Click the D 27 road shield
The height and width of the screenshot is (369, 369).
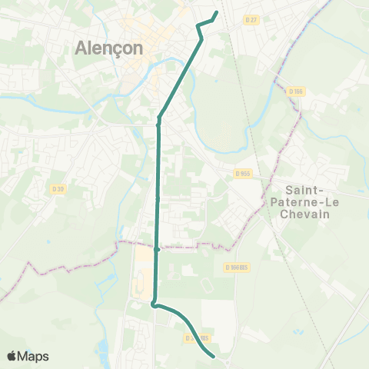[x=251, y=19]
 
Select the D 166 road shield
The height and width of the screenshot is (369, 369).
[x=296, y=91]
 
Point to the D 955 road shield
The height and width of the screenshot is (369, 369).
[x=243, y=174]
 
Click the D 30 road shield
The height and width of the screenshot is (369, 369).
[x=57, y=189]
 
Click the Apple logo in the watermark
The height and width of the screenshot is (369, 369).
[x=12, y=356]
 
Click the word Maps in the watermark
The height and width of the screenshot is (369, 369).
[x=34, y=356]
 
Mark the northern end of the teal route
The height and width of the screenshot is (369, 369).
[x=216, y=12]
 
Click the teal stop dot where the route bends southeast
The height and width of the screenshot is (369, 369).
[x=155, y=305]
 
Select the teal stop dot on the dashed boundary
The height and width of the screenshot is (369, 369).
[x=158, y=249]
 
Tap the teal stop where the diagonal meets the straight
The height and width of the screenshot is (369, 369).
[x=158, y=120]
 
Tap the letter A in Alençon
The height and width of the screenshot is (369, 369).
[x=81, y=48]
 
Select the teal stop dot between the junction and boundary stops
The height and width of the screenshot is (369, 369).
[x=158, y=198]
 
